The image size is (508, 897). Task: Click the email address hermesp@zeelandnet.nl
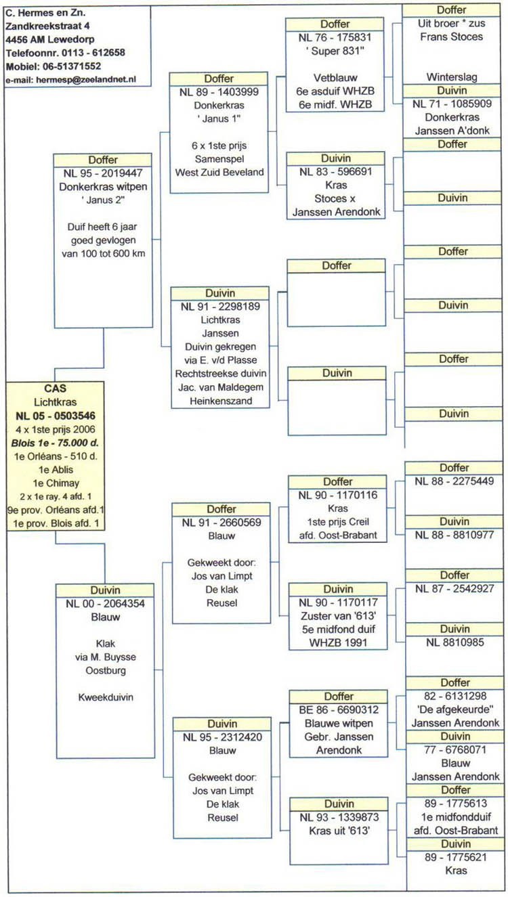[x=86, y=80]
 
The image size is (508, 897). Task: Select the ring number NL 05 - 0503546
[x=56, y=416]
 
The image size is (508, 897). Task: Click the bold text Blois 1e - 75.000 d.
[x=55, y=443]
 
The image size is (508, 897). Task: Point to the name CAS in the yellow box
[x=56, y=389]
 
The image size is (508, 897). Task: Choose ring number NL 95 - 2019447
[x=103, y=173]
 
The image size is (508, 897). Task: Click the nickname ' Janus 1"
[x=219, y=119]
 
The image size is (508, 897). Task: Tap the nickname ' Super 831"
[x=335, y=51]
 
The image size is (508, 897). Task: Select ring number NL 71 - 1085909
[x=452, y=104]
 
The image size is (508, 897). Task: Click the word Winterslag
[x=452, y=77]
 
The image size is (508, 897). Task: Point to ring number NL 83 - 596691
[x=336, y=172]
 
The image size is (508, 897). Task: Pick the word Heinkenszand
[x=221, y=401]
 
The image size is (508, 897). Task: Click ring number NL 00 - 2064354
[x=105, y=604]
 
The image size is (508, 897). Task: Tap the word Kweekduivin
[x=106, y=697]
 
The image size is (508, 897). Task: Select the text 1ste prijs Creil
[x=338, y=522]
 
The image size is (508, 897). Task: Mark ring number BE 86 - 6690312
[x=339, y=710]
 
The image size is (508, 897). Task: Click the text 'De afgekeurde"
[x=455, y=709]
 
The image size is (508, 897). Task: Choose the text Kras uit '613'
[x=339, y=831]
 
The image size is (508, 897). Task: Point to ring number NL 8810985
[x=454, y=642]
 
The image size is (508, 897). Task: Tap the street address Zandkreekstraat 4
[x=47, y=26]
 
